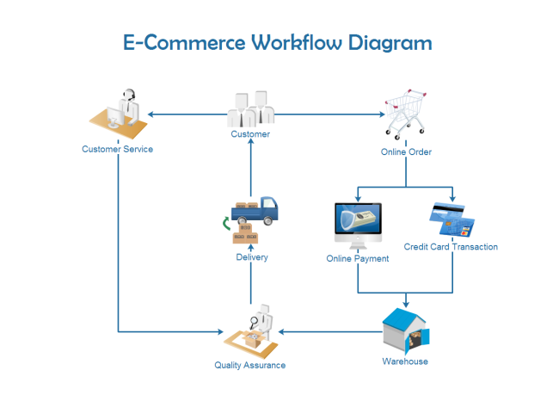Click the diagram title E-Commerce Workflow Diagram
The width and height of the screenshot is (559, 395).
click(277, 43)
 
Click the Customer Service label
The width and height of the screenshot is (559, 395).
click(117, 149)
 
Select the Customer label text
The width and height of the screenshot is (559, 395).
click(250, 134)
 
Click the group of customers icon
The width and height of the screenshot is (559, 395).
click(250, 110)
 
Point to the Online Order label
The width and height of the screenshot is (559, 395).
click(406, 152)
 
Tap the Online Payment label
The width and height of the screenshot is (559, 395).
click(358, 258)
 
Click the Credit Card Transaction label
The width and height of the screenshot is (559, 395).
click(451, 247)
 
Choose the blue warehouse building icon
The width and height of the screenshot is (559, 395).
click(406, 332)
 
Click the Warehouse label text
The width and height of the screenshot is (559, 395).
click(405, 361)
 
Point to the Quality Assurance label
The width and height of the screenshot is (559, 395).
click(249, 366)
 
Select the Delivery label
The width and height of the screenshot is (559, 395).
click(252, 257)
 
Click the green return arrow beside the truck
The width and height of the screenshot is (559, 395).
click(226, 225)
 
